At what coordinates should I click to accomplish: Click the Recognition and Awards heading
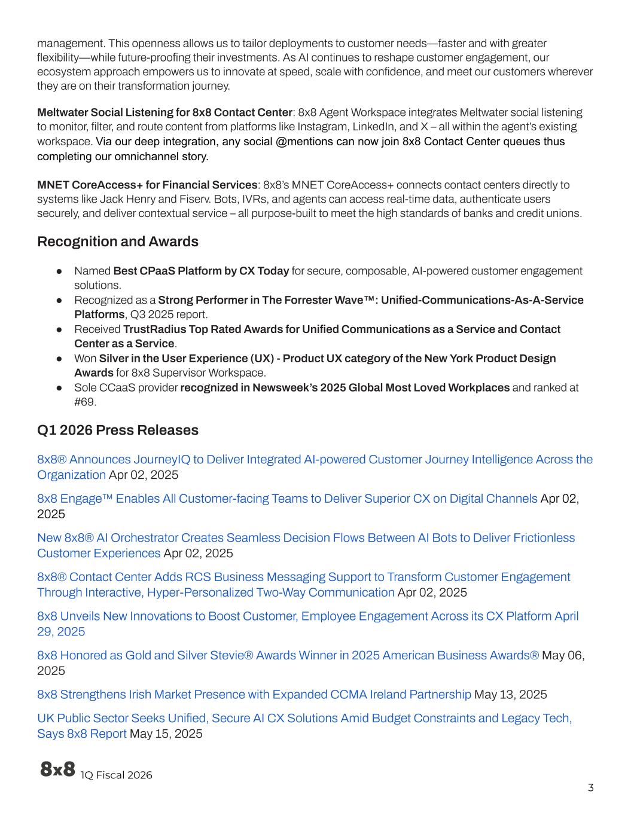pos(117,242)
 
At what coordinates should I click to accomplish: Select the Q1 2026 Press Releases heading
pos(117,430)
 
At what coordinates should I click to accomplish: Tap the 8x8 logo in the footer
pos(57,769)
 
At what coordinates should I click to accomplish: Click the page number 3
pos(590,787)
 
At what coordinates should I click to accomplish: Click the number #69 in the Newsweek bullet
pos(84,402)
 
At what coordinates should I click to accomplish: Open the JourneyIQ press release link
pos(315,460)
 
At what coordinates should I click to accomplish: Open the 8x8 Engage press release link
pos(287,499)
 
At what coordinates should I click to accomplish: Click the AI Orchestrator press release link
pos(306,538)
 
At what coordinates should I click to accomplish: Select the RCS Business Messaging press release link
pos(303,577)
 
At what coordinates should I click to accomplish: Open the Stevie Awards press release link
pos(288,656)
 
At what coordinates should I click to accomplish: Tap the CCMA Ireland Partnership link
pos(254,695)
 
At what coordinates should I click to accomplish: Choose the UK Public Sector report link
pos(304,719)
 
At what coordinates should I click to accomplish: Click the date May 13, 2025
pos(510,695)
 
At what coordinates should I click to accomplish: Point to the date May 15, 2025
pos(166,734)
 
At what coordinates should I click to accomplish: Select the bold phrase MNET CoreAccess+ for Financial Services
pos(147,185)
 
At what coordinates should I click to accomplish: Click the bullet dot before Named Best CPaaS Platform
pos(60,271)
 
